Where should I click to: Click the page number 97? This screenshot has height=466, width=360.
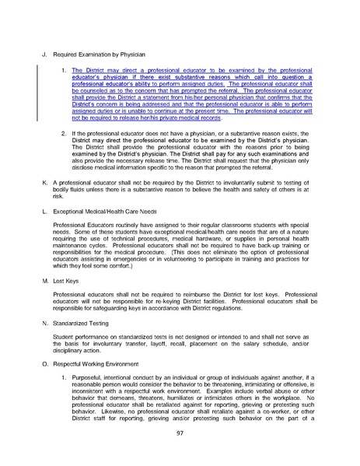pyautogui.click(x=180, y=433)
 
